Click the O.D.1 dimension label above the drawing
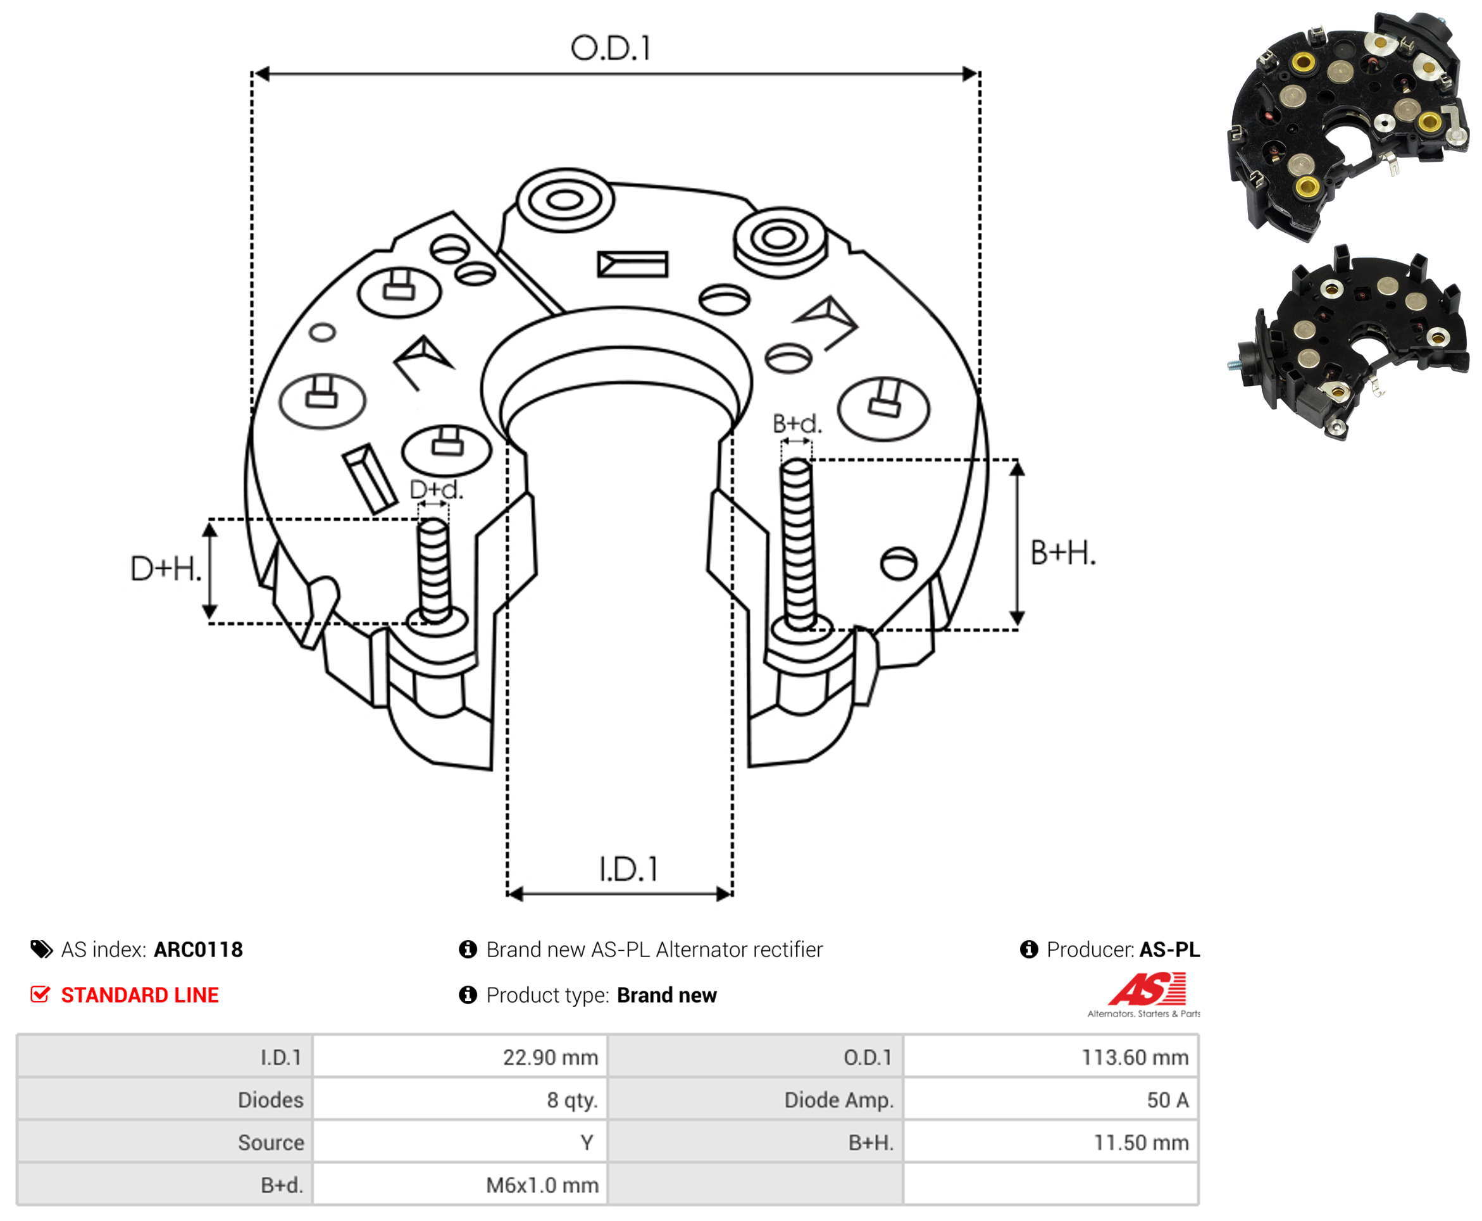(611, 49)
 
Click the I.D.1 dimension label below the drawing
(628, 869)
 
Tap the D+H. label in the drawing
(166, 568)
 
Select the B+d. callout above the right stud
(797, 423)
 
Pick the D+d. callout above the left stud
(436, 490)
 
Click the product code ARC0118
(198, 950)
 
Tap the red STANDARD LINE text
(140, 995)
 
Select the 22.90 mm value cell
(460, 1057)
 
